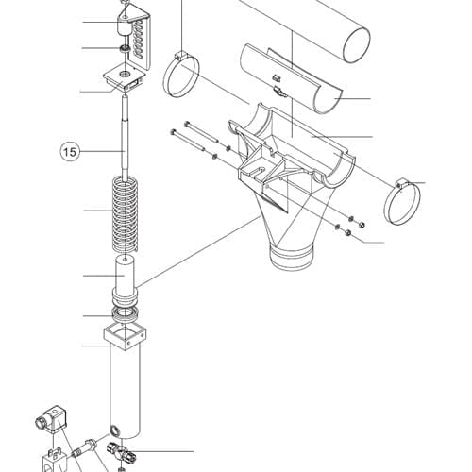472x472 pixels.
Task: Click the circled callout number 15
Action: coord(70,152)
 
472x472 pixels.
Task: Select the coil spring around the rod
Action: coord(125,214)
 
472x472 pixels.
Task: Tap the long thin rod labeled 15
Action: coord(126,139)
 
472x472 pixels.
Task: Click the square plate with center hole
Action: coord(126,77)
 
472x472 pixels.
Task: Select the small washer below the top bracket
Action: coord(126,49)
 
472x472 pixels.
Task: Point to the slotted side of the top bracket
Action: coord(141,40)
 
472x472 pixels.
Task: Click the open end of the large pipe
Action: coord(356,44)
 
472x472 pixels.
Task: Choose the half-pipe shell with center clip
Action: coord(290,78)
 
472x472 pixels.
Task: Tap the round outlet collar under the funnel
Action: coord(292,257)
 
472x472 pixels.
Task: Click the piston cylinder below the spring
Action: coord(125,280)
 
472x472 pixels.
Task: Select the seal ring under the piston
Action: coord(125,314)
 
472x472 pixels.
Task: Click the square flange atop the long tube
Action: coord(125,338)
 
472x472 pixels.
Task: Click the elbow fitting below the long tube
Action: coord(122,452)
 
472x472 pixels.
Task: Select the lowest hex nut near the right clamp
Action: coord(347,233)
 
